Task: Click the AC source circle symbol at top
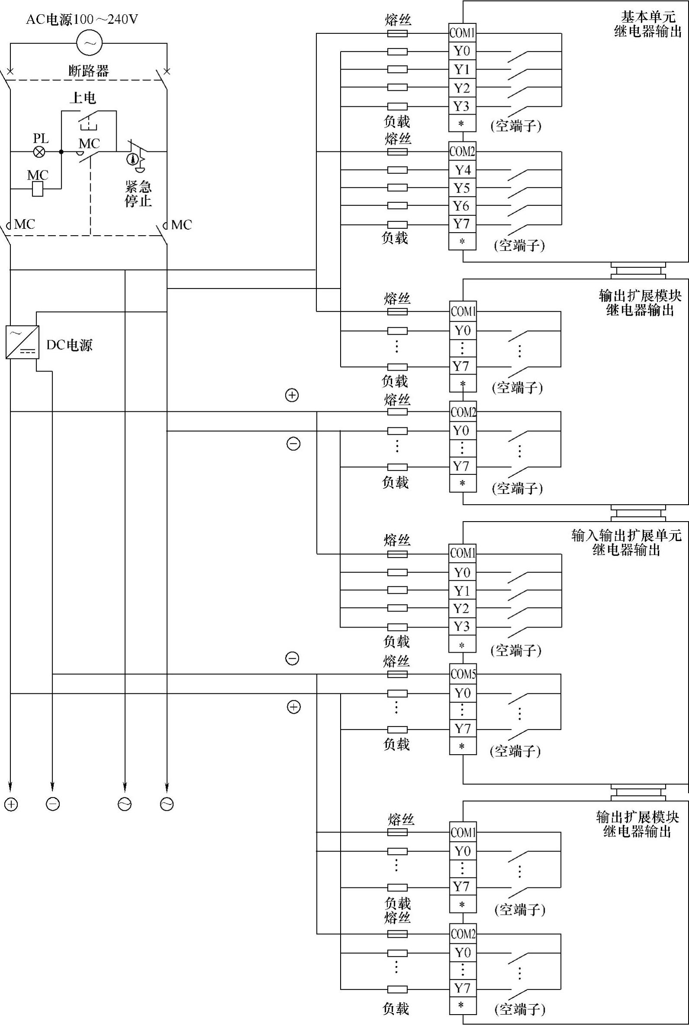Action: point(89,43)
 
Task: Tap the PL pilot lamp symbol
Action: point(39,152)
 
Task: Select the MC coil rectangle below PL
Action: point(38,189)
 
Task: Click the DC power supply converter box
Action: point(22,342)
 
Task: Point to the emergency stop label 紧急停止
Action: point(138,194)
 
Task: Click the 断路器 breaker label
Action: point(89,71)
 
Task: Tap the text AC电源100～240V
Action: point(82,20)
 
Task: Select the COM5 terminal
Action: point(463,674)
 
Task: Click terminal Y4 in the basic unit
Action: point(462,170)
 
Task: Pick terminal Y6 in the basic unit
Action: point(462,206)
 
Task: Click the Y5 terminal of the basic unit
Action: point(462,188)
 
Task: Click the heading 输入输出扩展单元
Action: point(626,535)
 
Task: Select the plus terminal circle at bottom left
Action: point(10,804)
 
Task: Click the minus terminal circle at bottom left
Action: point(52,804)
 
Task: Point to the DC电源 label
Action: point(70,345)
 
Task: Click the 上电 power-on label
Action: point(83,98)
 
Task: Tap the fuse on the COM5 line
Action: point(397,674)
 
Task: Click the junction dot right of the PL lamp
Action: point(61,152)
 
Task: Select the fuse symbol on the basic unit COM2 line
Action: point(397,152)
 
